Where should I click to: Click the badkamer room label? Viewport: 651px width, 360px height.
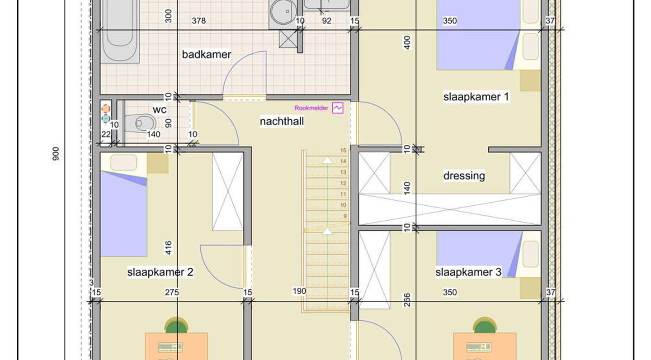(x=207, y=55)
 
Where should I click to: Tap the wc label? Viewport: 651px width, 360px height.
(x=160, y=109)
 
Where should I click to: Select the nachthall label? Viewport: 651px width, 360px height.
(x=282, y=121)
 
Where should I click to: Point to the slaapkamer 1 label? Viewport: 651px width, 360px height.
(x=476, y=97)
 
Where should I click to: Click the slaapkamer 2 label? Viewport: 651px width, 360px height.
(x=160, y=272)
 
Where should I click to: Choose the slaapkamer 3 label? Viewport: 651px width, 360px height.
(x=468, y=272)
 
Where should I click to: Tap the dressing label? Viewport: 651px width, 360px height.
(x=464, y=175)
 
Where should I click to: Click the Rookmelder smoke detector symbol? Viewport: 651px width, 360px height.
(x=338, y=108)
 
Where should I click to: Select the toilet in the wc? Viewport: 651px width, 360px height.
(x=140, y=123)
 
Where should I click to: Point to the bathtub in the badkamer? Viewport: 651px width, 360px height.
(x=120, y=29)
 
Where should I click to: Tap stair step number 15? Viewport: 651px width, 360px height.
(x=343, y=151)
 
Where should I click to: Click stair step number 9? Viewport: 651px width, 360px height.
(x=344, y=216)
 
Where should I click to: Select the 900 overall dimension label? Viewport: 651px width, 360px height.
(x=56, y=154)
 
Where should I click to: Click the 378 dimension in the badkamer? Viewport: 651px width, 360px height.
(x=198, y=21)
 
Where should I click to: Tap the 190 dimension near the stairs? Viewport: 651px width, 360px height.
(x=299, y=291)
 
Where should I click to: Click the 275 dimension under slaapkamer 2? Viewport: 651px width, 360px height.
(x=172, y=293)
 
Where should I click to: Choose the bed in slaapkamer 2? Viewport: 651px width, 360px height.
(x=123, y=213)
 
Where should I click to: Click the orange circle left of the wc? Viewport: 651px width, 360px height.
(x=106, y=109)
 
